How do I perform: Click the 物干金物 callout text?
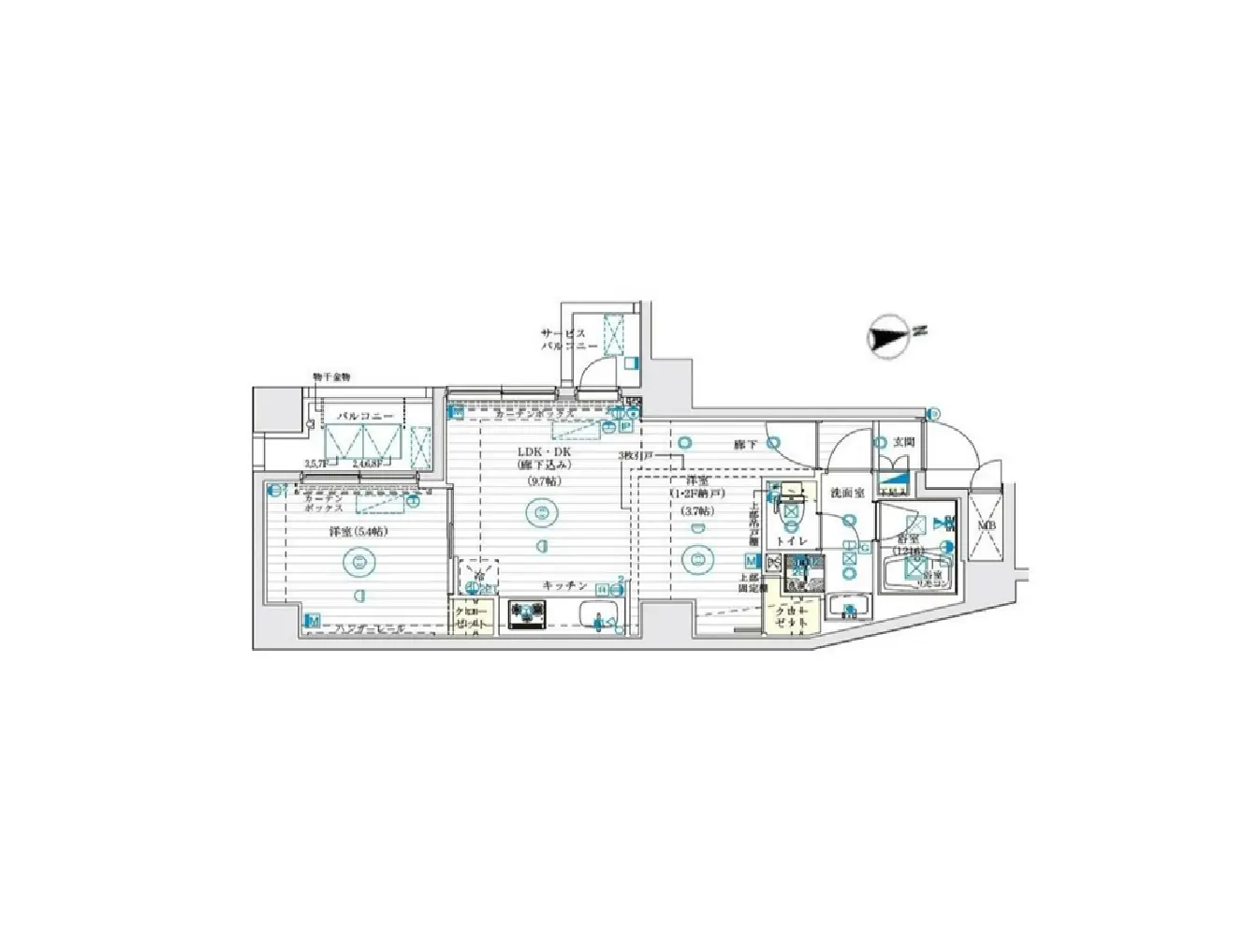[330, 376]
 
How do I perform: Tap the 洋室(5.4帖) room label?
[357, 532]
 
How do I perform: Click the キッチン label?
[564, 586]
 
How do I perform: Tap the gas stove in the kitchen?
[527, 615]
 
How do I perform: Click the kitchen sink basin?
[599, 617]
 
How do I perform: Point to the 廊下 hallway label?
[745, 445]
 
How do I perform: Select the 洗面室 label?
[847, 493]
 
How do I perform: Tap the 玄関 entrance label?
[902, 442]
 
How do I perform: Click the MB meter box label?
[986, 526]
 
